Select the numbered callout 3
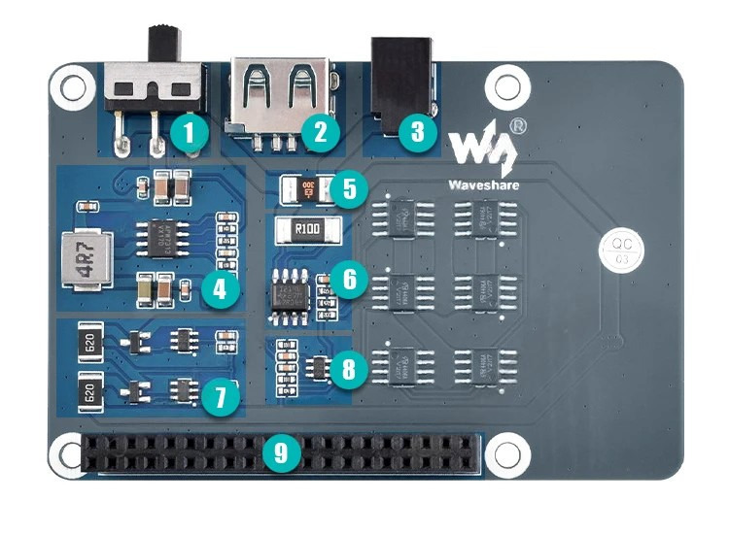click(x=418, y=131)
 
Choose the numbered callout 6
click(x=350, y=280)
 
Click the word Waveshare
click(x=483, y=183)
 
